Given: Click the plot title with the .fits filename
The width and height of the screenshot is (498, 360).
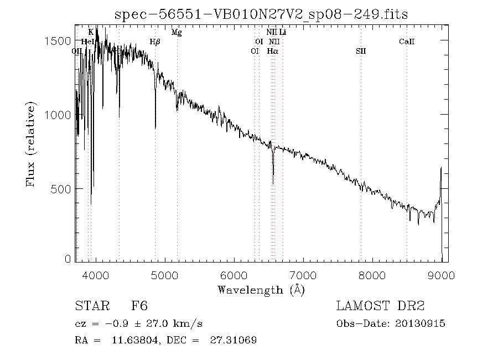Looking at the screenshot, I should coord(261,14).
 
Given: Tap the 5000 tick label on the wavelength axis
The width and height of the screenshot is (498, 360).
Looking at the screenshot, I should coord(165,276).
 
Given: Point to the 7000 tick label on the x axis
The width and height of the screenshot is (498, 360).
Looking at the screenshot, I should coord(303,276).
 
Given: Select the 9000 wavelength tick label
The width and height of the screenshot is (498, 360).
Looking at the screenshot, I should coord(441,276).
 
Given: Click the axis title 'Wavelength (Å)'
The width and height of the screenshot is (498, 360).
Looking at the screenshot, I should coord(261,289).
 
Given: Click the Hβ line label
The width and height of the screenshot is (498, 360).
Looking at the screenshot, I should coord(155,42).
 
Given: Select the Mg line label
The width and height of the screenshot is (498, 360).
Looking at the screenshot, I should coord(177,32).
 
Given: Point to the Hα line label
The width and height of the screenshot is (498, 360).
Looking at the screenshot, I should coord(272,51).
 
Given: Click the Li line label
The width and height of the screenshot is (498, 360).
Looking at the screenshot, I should coord(282,32).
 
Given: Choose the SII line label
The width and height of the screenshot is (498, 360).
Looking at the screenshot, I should coord(361,51).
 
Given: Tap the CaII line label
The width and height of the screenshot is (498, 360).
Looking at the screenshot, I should coord(407,42).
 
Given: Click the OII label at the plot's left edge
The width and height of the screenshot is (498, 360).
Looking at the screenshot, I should coord(77,51).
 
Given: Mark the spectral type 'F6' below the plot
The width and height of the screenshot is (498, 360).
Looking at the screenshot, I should coord(139,306).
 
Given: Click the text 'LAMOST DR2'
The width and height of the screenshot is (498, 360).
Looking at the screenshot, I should coord(380,306).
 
